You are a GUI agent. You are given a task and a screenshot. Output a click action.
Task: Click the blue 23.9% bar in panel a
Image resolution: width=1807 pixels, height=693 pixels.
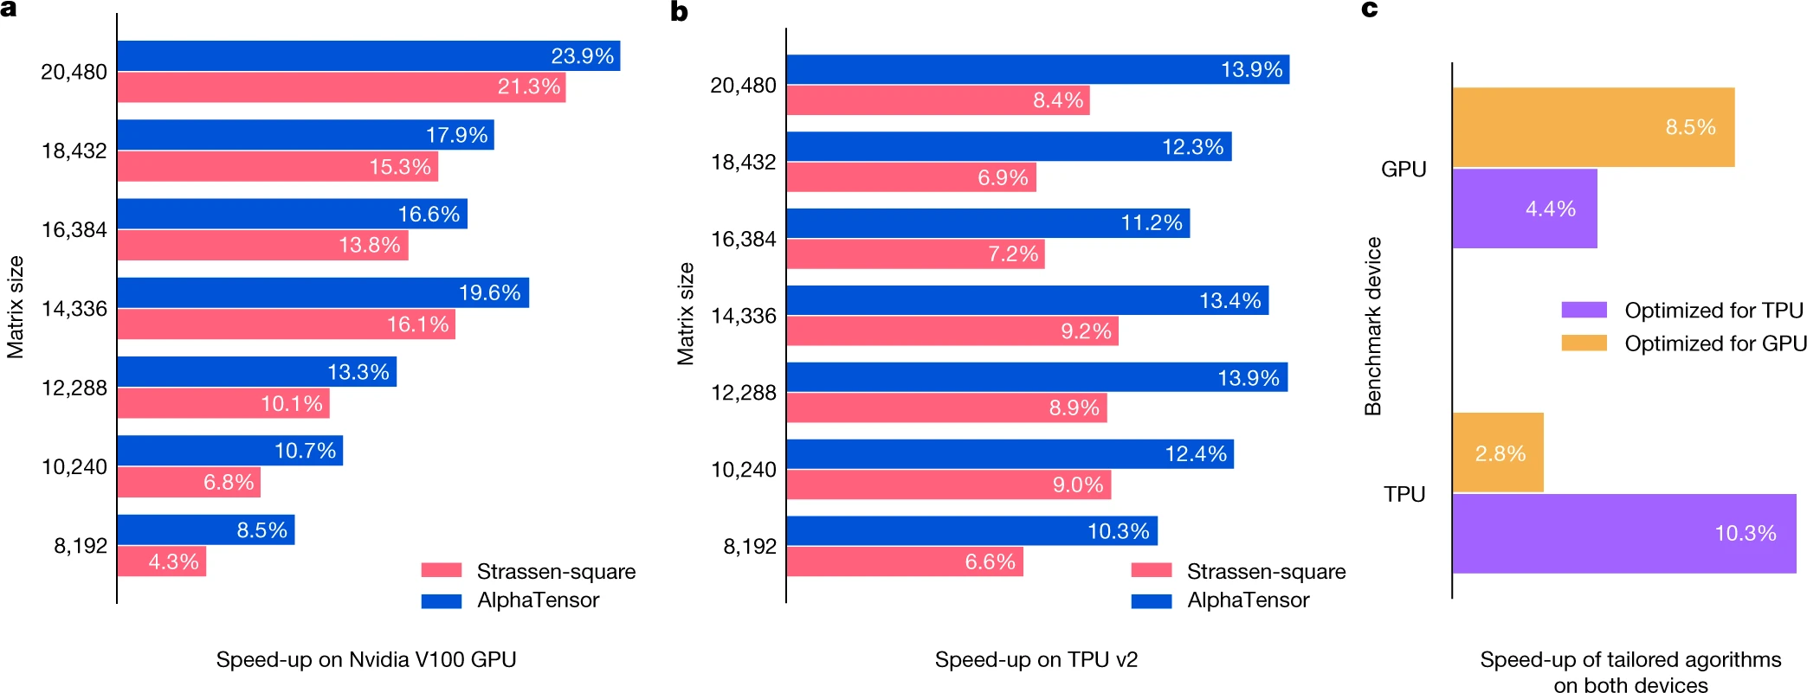368,56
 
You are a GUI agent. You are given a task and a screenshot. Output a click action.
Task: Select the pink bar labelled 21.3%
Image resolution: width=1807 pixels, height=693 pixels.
341,87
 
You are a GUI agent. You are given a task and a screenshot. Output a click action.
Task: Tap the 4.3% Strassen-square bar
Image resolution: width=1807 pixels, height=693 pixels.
162,561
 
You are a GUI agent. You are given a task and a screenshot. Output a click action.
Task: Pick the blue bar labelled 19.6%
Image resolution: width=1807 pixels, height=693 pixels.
322,292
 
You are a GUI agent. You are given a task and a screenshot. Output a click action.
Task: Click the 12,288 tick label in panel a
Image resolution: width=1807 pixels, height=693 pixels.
74,388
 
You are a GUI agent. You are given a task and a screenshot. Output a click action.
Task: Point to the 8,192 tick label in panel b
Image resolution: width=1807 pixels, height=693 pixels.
749,547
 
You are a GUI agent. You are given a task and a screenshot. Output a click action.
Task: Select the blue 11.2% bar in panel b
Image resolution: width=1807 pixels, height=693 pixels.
987,223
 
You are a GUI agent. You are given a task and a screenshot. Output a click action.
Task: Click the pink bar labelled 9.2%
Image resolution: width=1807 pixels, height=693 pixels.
952,331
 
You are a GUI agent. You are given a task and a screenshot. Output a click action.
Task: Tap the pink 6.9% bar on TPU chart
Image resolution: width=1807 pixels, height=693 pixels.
911,177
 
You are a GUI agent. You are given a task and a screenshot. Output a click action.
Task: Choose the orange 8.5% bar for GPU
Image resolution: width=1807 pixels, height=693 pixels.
1593,127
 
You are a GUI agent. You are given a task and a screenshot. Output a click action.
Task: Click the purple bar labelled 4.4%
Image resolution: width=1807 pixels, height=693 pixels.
1524,209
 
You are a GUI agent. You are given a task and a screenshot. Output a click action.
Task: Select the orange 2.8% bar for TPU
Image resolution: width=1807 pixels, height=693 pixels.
1497,452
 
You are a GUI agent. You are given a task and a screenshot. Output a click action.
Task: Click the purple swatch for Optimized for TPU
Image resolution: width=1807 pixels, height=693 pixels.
1584,310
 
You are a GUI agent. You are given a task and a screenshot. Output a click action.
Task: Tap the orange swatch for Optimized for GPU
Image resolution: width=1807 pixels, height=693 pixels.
1584,343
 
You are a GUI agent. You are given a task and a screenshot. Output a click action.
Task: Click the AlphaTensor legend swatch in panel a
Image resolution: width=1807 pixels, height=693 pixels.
441,600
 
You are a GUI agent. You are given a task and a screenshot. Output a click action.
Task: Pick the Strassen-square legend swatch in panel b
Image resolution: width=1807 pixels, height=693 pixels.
1151,571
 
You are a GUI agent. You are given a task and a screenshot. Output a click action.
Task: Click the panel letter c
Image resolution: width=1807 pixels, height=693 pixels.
1369,10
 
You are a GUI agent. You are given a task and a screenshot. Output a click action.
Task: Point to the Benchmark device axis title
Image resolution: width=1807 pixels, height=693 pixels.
1372,326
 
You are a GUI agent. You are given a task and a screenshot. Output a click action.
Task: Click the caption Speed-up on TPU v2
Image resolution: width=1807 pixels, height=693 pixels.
1036,660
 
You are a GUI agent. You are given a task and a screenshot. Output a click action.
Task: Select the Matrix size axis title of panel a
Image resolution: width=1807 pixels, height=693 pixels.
15,307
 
